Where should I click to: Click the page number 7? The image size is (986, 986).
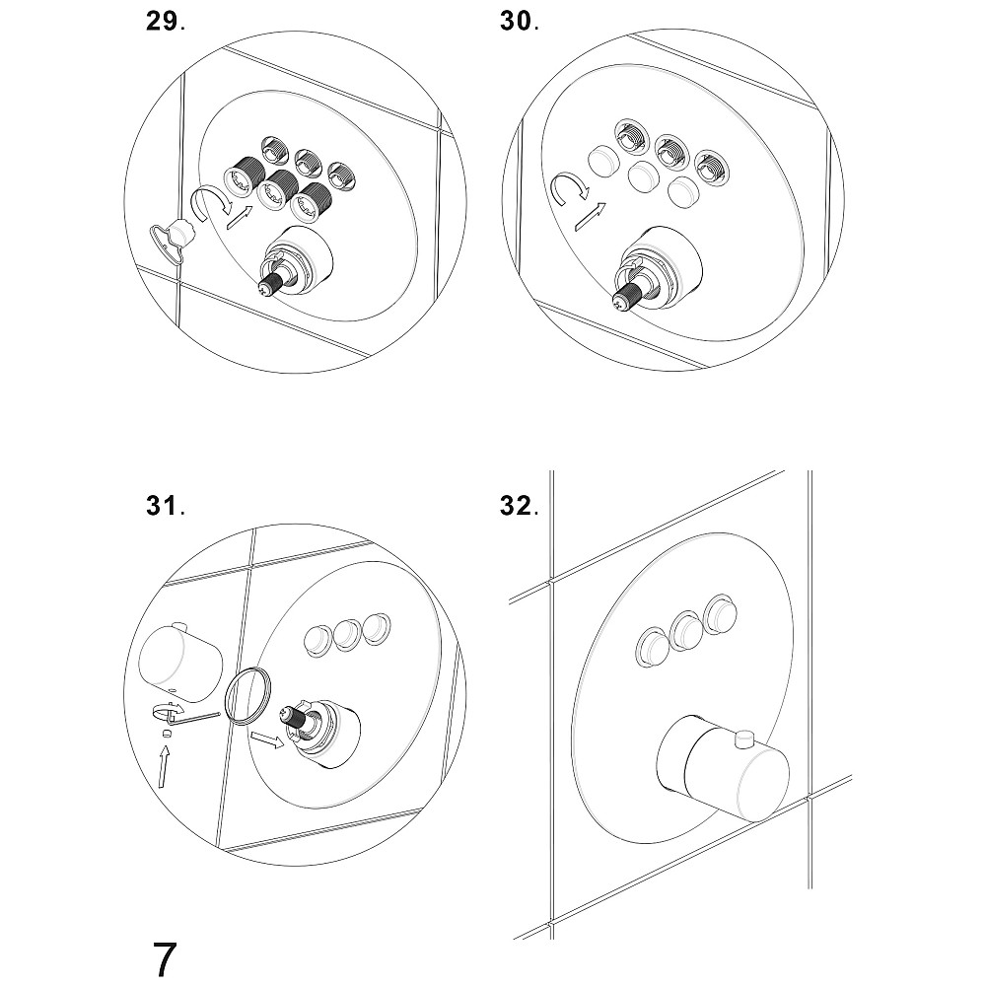(164, 959)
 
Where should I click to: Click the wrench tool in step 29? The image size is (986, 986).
(173, 240)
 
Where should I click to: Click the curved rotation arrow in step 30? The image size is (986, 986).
(569, 187)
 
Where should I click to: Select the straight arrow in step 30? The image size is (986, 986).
(591, 217)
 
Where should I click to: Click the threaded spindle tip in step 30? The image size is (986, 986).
(626, 296)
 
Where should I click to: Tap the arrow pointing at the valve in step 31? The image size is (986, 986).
(266, 739)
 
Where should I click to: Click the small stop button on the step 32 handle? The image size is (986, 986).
(745, 738)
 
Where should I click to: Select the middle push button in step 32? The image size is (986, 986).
(686, 627)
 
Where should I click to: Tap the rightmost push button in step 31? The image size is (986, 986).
(376, 627)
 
